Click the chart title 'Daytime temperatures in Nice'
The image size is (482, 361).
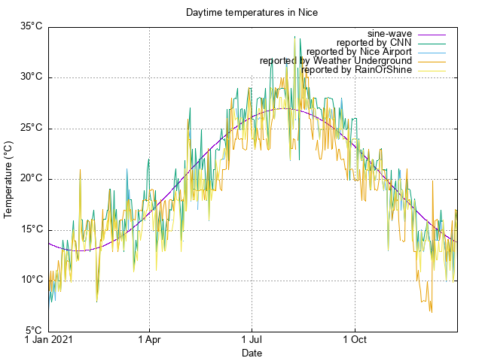(252, 13)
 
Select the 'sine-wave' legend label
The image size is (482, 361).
(389, 34)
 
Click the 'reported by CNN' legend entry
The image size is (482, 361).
(374, 43)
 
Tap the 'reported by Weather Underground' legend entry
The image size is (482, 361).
(336, 61)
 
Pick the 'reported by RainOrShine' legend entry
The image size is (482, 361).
(356, 70)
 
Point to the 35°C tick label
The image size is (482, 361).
(31, 26)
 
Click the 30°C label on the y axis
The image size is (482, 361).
(31, 77)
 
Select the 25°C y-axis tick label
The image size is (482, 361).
(31, 128)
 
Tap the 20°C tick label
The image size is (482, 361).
(31, 178)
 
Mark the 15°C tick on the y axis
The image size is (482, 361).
(31, 229)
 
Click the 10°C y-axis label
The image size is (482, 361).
(31, 280)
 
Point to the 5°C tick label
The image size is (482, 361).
(34, 330)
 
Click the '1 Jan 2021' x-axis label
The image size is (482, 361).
(49, 340)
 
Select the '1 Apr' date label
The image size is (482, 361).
(149, 340)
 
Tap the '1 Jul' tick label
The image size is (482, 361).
(252, 340)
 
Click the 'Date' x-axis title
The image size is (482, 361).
(252, 353)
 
